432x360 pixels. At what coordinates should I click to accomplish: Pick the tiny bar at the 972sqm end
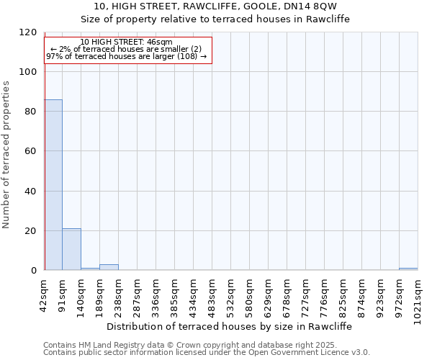click(408, 269)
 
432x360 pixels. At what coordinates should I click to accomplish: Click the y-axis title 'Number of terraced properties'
click(7, 155)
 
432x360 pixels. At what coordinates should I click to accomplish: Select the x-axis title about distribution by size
click(233, 326)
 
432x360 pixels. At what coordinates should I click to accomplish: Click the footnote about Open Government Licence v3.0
click(206, 353)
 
